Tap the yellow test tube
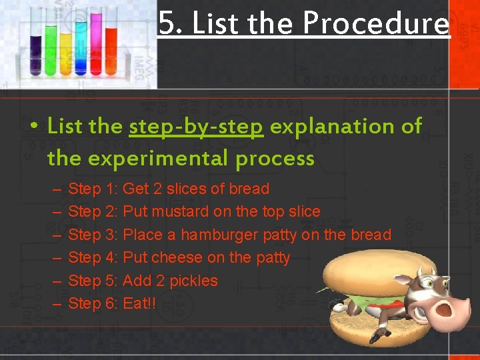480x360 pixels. point(66,50)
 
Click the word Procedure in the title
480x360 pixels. point(376,24)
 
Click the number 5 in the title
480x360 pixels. point(167,24)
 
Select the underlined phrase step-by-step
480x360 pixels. point(196,126)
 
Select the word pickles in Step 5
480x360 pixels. point(193,281)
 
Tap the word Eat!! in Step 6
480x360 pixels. point(139,303)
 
